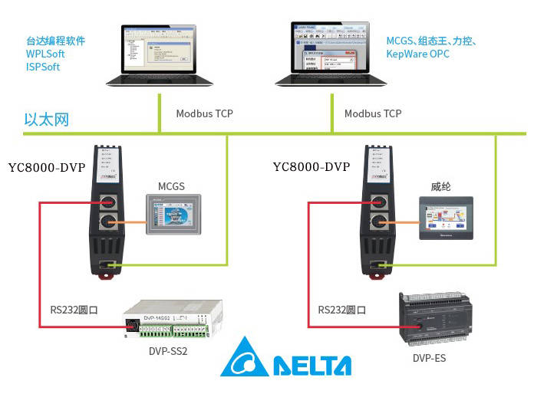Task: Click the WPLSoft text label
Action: pos(45,54)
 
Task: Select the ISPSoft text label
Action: pos(43,67)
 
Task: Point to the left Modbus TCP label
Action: pos(204,113)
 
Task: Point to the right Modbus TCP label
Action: pos(373,113)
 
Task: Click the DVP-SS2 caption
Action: pos(168,352)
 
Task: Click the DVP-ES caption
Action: pos(429,357)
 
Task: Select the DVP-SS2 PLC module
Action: pos(170,321)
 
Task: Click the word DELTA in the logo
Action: pos(311,365)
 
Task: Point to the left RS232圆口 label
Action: pos(76,310)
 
